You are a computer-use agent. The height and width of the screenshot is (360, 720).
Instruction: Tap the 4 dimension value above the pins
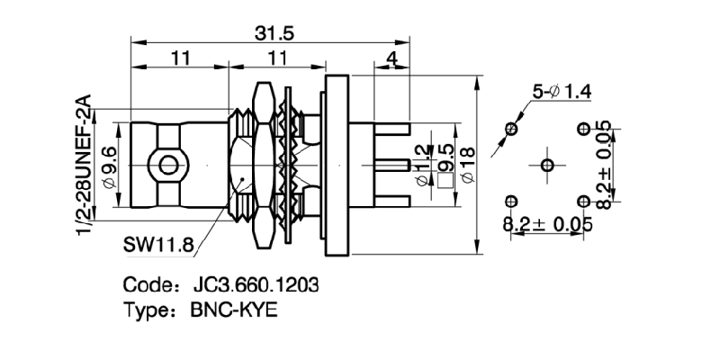coord(390,60)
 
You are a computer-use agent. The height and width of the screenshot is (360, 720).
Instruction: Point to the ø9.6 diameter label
coord(110,164)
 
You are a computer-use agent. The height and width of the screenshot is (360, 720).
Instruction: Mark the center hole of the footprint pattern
coord(548,165)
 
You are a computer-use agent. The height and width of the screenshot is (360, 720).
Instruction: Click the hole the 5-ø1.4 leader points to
coord(512,130)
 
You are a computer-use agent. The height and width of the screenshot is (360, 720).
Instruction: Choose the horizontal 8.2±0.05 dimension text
coord(548,224)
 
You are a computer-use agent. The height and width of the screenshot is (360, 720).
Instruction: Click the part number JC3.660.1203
coord(256,285)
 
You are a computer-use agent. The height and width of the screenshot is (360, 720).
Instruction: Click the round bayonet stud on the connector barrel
coord(166,165)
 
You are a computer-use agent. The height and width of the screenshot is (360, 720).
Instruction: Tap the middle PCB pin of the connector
coord(387,165)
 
